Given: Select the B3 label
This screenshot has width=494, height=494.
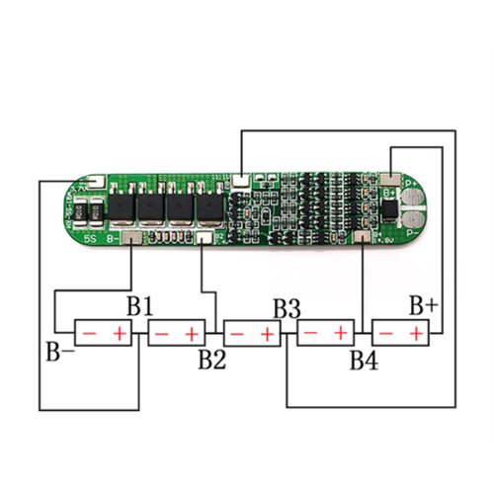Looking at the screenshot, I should (287, 307).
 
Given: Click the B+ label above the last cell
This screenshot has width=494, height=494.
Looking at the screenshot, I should (423, 305).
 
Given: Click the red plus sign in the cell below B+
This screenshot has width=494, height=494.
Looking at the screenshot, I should (416, 335).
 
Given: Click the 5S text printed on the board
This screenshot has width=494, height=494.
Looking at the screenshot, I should (89, 238).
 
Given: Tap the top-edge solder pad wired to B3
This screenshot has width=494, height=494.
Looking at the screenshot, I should (240, 181).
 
